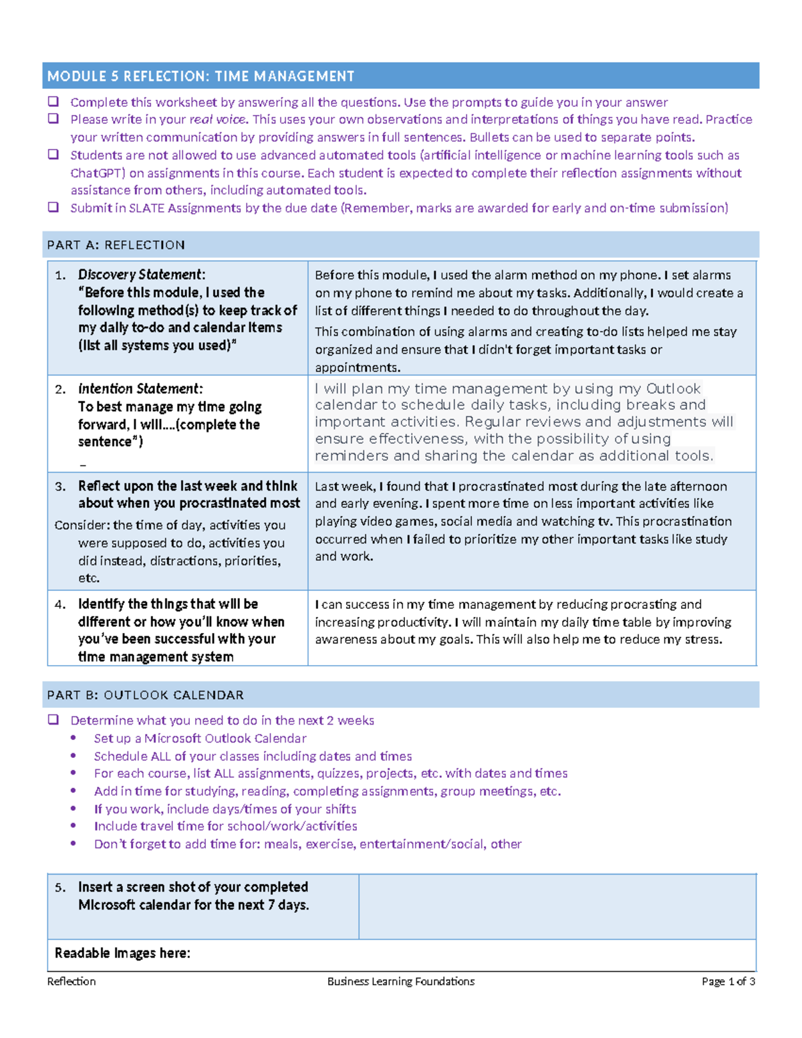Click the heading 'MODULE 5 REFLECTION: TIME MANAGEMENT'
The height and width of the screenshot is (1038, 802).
(x=200, y=76)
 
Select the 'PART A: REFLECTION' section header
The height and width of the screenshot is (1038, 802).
(x=116, y=245)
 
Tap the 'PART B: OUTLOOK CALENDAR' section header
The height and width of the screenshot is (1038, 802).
(x=145, y=695)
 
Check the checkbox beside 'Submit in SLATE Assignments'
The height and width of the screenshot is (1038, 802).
(x=53, y=207)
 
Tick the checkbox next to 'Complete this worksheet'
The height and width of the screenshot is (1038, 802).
(x=53, y=102)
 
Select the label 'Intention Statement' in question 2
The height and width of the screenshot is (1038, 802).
(x=139, y=389)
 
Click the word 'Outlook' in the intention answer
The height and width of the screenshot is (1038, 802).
(x=673, y=389)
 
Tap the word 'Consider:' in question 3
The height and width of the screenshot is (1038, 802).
(x=82, y=525)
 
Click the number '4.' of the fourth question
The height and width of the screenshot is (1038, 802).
(x=61, y=604)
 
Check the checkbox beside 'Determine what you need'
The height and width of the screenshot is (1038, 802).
(x=53, y=720)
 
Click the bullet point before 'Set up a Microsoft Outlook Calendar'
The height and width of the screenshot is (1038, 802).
(x=74, y=739)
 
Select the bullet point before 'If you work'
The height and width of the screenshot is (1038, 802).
(x=74, y=809)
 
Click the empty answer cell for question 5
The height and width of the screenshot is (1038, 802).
(x=557, y=906)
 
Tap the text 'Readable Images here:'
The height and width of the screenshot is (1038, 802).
(x=122, y=953)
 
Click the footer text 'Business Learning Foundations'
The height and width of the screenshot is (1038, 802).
(x=401, y=981)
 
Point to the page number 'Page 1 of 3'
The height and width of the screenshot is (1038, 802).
(x=728, y=981)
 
